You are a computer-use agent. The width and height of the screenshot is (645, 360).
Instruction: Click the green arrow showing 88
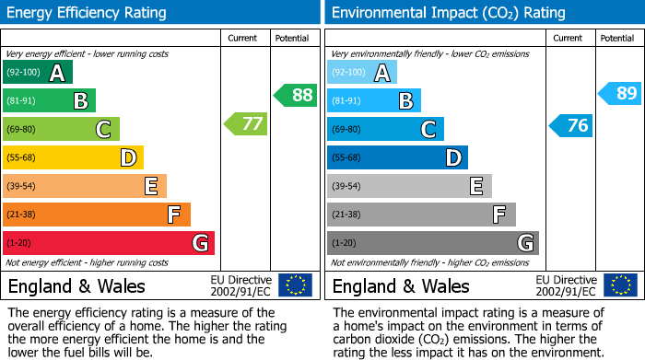pos(295,95)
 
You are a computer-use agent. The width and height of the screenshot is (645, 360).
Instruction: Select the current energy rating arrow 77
pos(245,124)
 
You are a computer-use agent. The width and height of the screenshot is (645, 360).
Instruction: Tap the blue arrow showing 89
pos(619,93)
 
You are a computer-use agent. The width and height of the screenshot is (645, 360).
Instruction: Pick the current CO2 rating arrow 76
pos(570,125)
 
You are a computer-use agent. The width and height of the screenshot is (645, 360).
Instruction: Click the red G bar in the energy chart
pos(108,243)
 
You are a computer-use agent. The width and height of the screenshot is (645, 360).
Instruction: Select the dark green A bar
pos(38,73)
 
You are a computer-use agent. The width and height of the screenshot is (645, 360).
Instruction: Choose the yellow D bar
pos(73,157)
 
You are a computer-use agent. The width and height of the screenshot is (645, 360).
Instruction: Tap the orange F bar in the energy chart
pos(96,215)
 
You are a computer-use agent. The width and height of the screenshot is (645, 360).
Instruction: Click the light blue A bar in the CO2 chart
pos(362,73)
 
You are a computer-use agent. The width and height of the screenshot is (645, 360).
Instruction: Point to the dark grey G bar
pos(432,243)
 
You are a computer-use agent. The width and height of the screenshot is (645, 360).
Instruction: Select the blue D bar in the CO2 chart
pos(397,157)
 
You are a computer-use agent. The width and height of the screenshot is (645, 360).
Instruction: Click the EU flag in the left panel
pos(295,285)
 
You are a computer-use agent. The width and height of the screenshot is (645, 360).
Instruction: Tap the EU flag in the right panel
pos(619,285)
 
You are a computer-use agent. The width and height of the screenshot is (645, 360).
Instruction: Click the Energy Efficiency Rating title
pos(88,13)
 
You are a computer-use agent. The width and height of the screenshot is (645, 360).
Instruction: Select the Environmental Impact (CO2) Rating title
pos(448,13)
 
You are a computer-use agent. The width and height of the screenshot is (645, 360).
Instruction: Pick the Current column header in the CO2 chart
pos(569,38)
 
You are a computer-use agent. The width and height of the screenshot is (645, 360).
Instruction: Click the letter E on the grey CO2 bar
pos(475,186)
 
